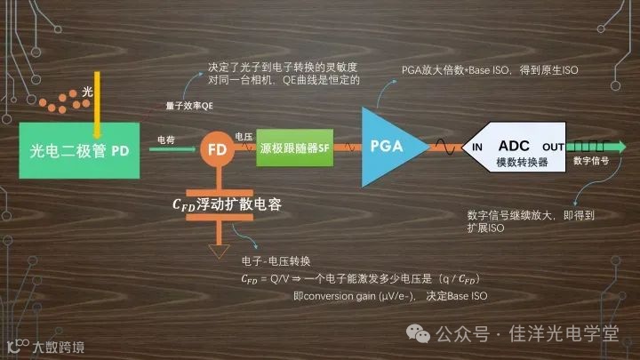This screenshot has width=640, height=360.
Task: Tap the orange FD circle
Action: pos(217,150)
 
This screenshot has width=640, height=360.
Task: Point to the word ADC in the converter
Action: pos(514,145)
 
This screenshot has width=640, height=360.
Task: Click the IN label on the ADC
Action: pos(477,147)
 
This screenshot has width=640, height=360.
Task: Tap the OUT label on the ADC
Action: pos(553,147)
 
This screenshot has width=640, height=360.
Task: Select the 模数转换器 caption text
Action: pos(514,163)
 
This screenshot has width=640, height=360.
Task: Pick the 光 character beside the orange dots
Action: pos(87,92)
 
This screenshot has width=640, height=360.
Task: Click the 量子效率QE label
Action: pos(189,106)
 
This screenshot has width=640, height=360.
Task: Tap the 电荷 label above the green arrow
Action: pos(165,140)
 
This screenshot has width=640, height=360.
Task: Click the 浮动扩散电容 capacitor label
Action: pos(226,204)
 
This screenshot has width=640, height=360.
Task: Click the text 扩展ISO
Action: pos(484,228)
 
